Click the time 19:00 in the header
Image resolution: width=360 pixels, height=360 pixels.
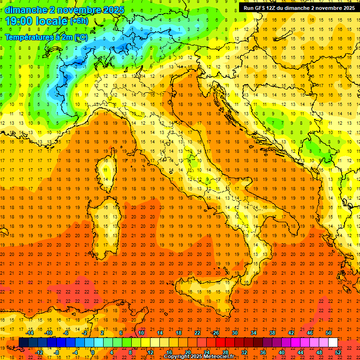pos(21,21)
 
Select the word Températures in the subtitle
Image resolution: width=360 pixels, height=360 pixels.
pos(29,37)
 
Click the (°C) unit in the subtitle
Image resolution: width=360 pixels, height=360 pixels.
pos(81,37)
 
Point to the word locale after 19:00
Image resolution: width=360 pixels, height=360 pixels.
pos(53,21)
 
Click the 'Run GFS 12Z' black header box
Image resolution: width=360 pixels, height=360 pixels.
pos(299,8)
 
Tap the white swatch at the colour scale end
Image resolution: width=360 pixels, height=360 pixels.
pos(333,342)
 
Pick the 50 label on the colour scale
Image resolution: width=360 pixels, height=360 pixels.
pos(329,333)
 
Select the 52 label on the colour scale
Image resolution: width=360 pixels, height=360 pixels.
pos(337,352)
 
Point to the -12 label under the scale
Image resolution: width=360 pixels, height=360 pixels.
pos(39,352)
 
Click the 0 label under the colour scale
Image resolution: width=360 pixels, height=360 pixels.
pos(93,352)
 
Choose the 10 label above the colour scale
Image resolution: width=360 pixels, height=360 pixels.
pos(141,333)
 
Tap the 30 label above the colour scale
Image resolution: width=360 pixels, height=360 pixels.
pos(234,333)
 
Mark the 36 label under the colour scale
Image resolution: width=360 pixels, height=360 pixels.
pos(263,352)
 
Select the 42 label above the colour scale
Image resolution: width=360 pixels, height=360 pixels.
pos(291,333)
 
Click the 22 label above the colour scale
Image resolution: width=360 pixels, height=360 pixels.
pos(197,333)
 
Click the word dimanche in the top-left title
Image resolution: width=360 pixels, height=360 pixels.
pos(26,10)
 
